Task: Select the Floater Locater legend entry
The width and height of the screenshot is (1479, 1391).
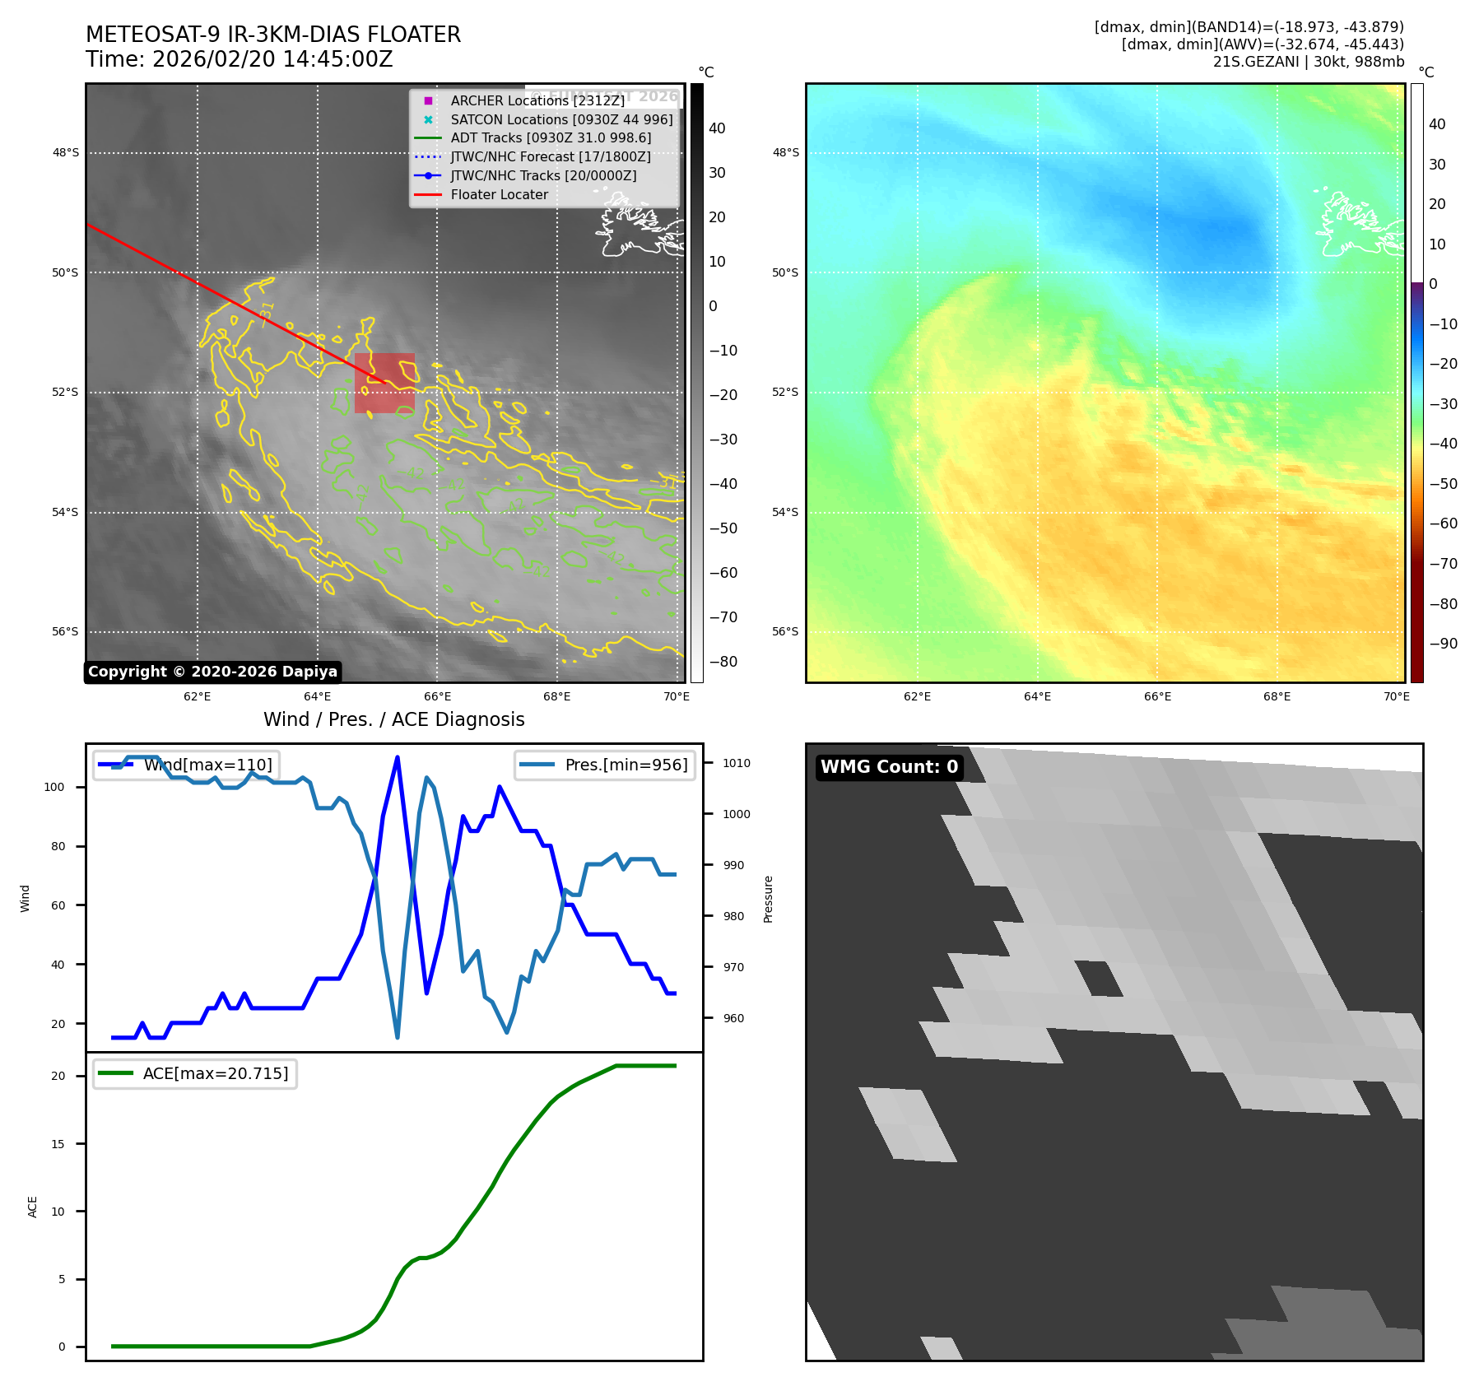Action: pos(499,195)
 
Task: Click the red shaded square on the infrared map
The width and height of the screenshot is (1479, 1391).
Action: pos(384,383)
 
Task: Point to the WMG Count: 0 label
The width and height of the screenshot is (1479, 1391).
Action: pos(889,767)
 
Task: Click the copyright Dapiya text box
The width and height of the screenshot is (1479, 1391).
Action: pos(212,672)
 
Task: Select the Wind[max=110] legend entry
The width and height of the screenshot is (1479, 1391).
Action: pos(207,765)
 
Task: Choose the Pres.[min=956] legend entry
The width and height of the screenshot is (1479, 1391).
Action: pos(626,765)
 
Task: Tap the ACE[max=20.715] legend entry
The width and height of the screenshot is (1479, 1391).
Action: pos(216,1073)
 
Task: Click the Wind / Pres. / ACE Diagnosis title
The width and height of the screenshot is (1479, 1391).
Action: pos(393,719)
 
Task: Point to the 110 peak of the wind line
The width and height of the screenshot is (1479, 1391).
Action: pos(398,757)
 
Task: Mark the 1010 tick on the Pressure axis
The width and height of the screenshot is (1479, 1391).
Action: pos(736,763)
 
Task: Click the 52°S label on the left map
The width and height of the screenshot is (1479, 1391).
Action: pos(65,393)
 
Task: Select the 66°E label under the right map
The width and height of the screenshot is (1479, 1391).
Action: pos(1157,696)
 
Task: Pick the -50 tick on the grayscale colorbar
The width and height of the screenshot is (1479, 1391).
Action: pos(723,528)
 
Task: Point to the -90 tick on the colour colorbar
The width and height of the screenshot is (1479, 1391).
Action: pos(1443,644)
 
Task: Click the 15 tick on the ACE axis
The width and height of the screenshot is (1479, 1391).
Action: pos(58,1144)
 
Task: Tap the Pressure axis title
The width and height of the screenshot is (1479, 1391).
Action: pos(768,899)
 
